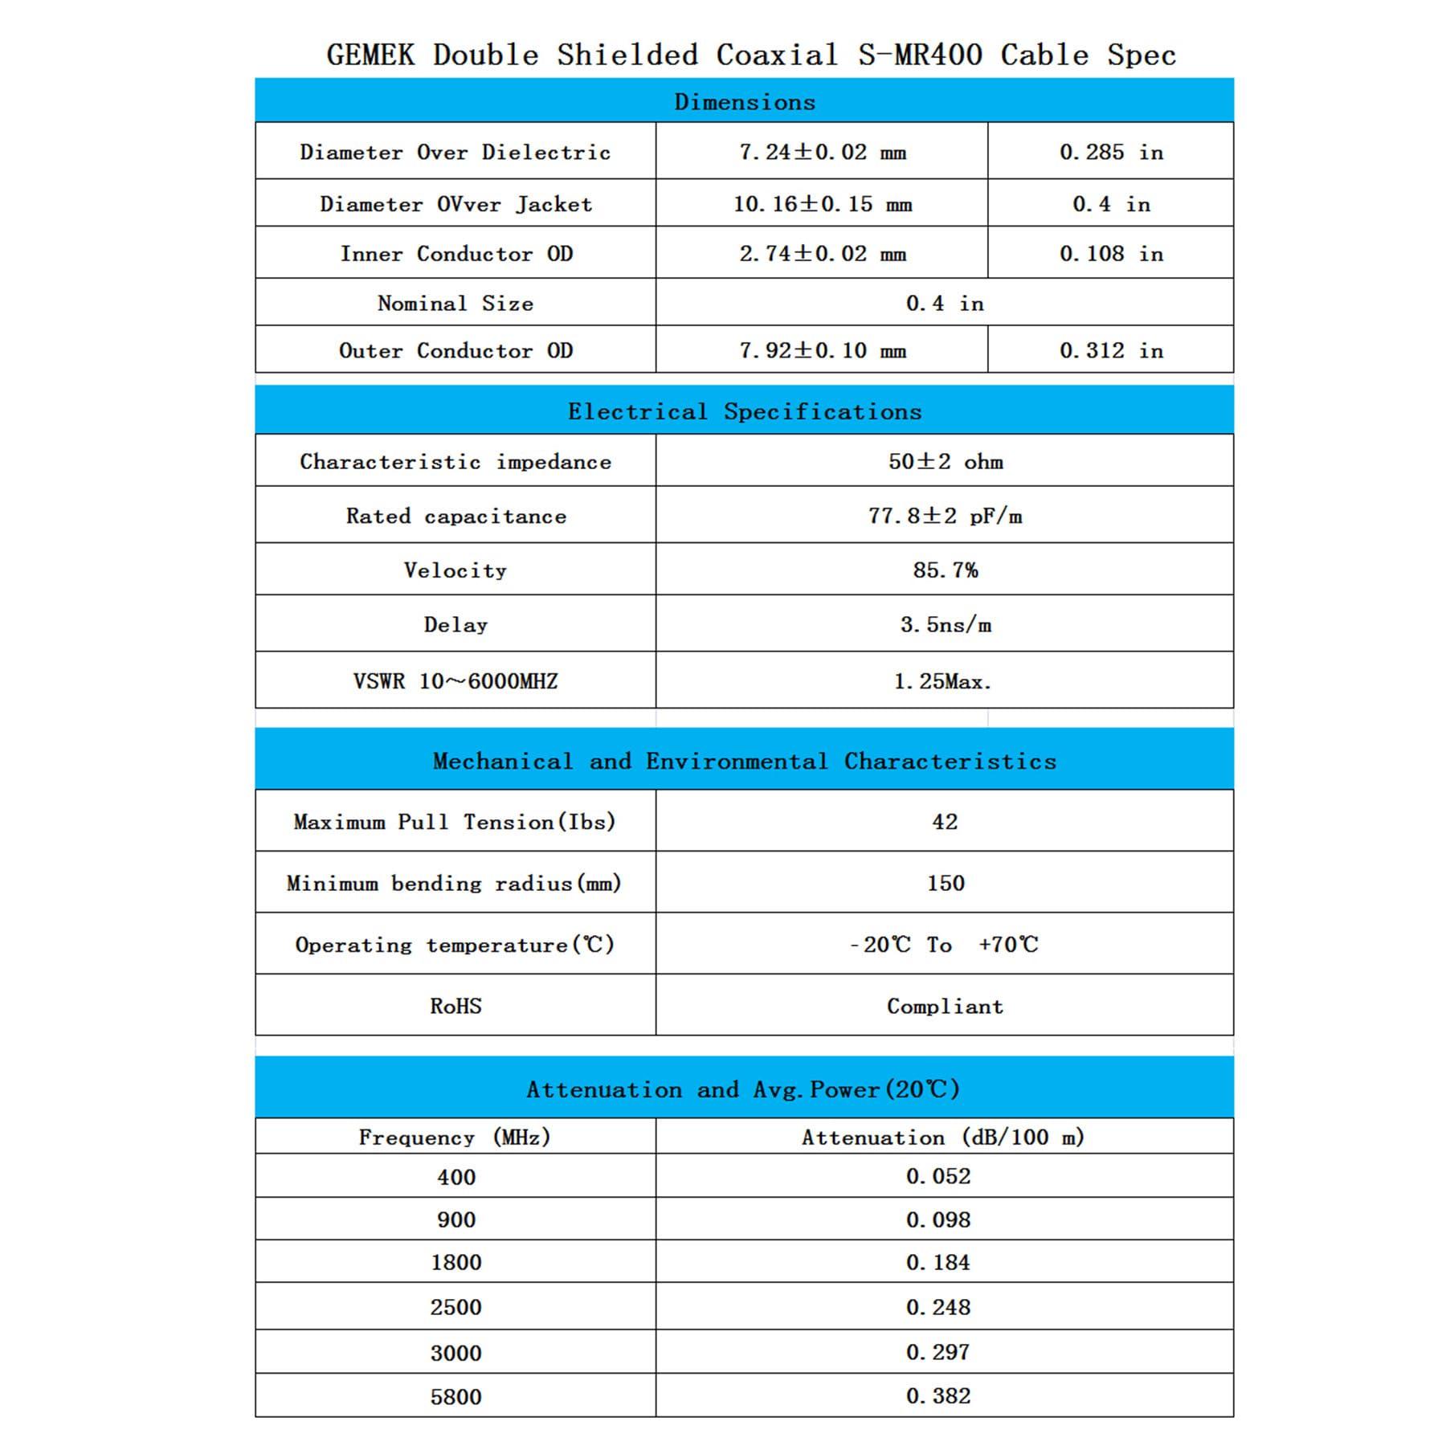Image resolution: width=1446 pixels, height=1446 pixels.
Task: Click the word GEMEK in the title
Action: pos(370,55)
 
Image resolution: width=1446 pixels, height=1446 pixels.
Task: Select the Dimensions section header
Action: pos(744,102)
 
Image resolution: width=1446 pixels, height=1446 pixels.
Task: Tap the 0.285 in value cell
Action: pos(1111,152)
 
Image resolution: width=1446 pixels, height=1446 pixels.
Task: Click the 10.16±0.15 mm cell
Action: pos(822,204)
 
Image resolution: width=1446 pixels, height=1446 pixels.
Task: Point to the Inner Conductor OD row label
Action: pos(455,254)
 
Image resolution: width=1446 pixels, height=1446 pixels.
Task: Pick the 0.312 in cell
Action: pos(1111,350)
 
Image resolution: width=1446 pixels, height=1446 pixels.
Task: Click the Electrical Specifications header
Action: pos(744,411)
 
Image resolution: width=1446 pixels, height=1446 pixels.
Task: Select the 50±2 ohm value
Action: pos(945,461)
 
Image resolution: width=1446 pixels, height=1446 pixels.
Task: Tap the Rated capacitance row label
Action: pos(455,516)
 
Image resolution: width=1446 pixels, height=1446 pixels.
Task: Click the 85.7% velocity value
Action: pos(945,570)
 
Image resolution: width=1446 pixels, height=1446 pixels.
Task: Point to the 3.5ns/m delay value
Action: pos(945,624)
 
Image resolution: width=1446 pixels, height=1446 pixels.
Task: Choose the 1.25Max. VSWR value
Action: pos(942,681)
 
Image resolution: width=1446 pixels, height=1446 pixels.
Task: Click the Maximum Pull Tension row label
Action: pos(455,822)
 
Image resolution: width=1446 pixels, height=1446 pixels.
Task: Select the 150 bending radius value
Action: pos(945,883)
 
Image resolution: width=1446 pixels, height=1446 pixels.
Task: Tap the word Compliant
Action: pos(945,1006)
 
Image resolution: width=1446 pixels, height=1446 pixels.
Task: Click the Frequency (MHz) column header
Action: pos(455,1137)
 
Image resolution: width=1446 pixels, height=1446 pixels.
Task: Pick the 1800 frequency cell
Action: pos(455,1262)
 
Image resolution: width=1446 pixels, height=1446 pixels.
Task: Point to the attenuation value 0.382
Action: pos(937,1395)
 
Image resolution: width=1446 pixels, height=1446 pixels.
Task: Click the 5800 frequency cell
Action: pos(455,1396)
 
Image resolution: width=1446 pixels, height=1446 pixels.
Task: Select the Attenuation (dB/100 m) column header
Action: pos(942,1137)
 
